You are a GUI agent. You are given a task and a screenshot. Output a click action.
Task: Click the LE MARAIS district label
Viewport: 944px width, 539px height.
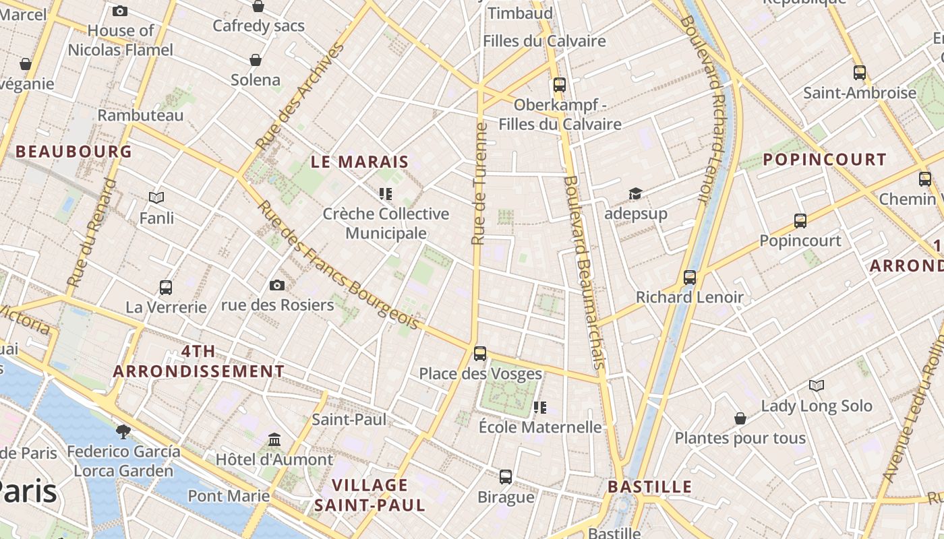[x=359, y=162]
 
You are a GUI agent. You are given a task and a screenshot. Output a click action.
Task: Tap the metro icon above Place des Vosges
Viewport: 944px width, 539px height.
[x=480, y=353]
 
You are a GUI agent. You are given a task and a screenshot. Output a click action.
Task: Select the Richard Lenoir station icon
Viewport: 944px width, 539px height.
[x=690, y=277]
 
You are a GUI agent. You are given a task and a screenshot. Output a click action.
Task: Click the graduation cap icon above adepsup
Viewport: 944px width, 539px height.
[x=635, y=194]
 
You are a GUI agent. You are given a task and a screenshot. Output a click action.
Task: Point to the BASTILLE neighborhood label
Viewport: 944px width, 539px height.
[x=650, y=486]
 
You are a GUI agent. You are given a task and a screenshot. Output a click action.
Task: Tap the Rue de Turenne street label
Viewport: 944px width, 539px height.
[x=479, y=183]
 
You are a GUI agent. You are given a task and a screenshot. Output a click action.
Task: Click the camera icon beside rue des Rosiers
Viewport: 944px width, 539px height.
[x=276, y=286]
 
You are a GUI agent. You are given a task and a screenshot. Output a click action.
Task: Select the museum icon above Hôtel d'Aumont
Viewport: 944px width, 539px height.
[x=274, y=440]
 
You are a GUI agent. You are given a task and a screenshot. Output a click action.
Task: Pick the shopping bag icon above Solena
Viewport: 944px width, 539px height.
[x=256, y=61]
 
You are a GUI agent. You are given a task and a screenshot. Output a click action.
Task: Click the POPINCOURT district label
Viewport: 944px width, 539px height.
[x=824, y=160]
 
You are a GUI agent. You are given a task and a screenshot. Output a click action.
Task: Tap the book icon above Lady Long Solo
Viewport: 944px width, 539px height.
[x=817, y=386]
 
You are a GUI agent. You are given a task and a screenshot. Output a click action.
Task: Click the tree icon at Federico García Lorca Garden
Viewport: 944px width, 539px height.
[x=123, y=431]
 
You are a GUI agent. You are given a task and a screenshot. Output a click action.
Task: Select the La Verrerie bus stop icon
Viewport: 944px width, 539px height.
[x=166, y=288]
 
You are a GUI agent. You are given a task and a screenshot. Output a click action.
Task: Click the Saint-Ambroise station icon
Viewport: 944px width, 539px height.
[x=860, y=73]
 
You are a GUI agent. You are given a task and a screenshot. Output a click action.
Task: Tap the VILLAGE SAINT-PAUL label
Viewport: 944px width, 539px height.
[x=370, y=495]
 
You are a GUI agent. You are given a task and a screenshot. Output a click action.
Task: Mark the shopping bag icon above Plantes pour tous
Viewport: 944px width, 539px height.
[x=740, y=418]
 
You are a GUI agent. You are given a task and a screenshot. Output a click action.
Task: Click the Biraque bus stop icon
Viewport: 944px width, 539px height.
[x=506, y=477]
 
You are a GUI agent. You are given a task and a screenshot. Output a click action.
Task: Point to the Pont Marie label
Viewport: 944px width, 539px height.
[x=229, y=497]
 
